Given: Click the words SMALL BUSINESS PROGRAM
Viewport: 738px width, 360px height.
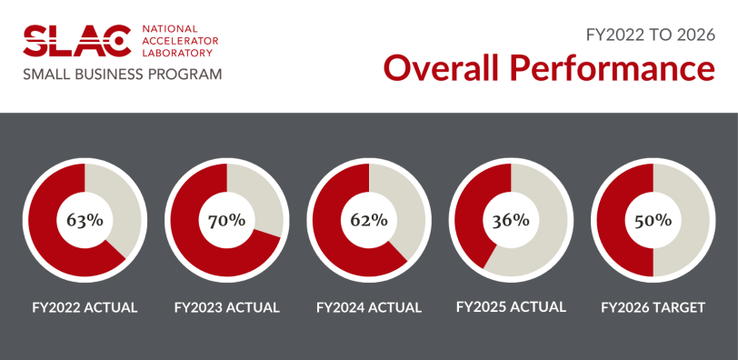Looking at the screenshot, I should [123, 74].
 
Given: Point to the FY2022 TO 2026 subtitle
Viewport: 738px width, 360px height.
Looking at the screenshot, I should [649, 34].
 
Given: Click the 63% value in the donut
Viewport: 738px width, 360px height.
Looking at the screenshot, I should [85, 220].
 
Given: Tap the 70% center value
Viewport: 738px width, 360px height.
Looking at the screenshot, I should [226, 220].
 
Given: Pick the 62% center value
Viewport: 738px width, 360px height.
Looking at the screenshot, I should [369, 220].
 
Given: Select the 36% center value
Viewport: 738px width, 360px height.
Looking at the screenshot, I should [510, 220].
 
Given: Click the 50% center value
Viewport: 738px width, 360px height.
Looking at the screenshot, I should [653, 220].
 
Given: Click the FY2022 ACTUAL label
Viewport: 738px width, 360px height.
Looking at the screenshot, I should [85, 307].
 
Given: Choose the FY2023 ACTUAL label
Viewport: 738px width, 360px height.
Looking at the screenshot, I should [226, 307].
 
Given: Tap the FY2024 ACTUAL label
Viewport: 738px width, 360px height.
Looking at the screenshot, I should [369, 307].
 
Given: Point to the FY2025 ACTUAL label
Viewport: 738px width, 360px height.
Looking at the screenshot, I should [510, 306].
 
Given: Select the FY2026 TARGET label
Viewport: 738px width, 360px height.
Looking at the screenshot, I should [653, 307].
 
